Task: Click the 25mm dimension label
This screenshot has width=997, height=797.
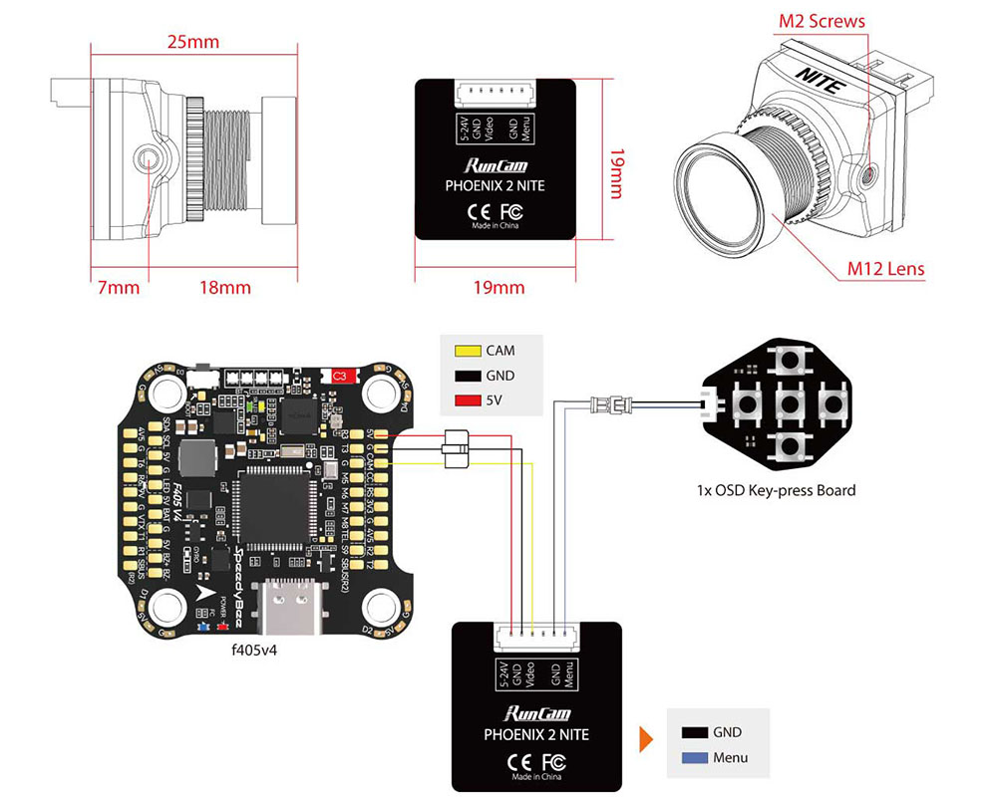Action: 193,42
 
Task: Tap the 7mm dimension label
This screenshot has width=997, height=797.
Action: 119,288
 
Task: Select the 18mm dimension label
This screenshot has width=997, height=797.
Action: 225,288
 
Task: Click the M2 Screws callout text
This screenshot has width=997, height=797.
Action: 822,21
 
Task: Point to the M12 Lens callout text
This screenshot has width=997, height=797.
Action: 885,268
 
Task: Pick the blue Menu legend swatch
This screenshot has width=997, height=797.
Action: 694,758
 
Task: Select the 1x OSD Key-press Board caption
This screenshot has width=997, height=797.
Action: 777,490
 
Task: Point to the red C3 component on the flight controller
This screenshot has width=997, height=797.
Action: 340,376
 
